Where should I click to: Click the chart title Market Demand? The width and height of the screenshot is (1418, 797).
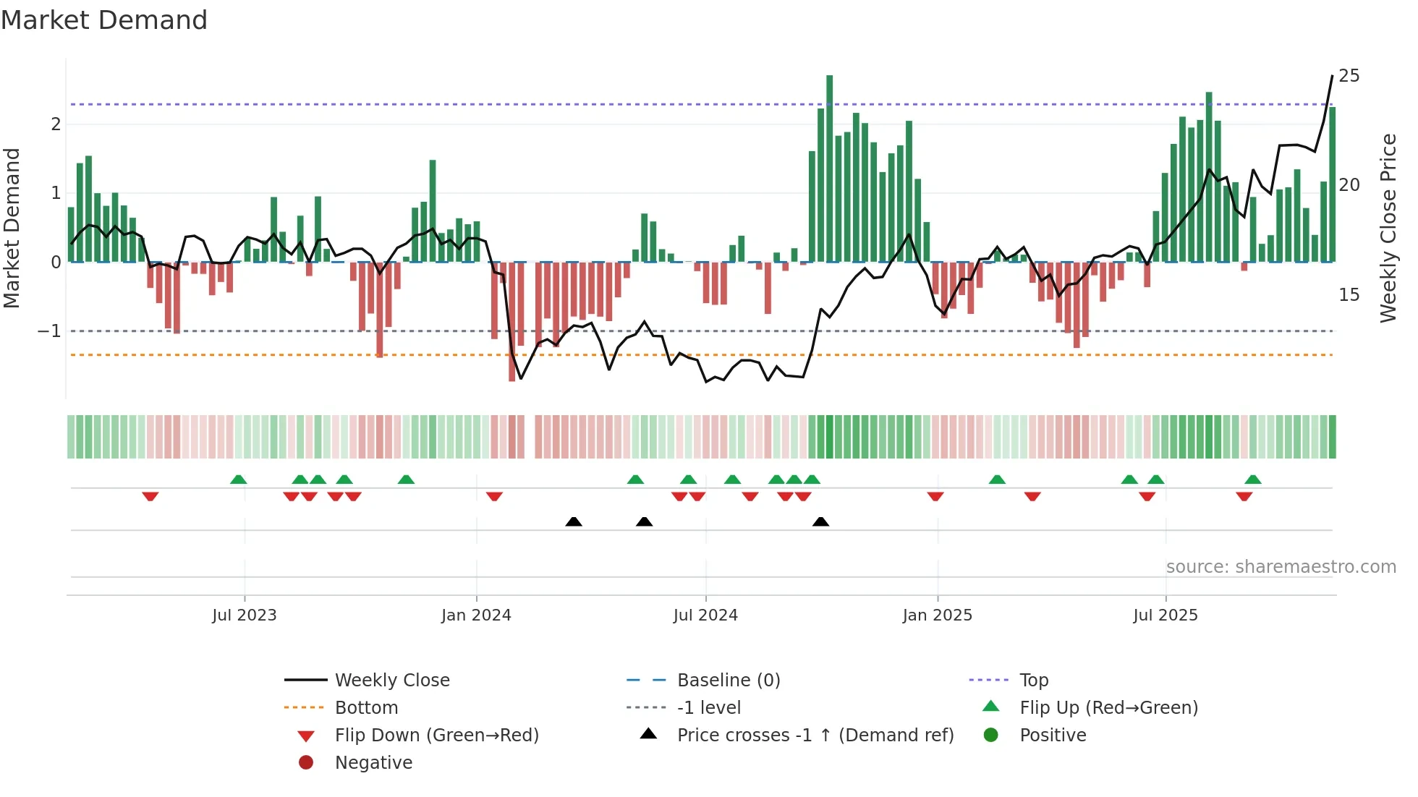tap(104, 20)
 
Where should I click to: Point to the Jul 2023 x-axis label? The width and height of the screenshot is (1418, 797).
tap(245, 615)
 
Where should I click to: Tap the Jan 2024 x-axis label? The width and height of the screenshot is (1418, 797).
tap(476, 615)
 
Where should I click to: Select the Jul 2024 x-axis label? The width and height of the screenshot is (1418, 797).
tap(705, 615)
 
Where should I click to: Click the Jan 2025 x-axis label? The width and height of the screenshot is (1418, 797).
tap(938, 615)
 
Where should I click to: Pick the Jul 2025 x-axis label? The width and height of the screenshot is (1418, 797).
tap(1166, 615)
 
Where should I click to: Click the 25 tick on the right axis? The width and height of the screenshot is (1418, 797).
tap(1349, 76)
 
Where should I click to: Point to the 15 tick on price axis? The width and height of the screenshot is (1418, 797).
tap(1349, 295)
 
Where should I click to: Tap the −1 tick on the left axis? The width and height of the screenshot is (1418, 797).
tap(50, 331)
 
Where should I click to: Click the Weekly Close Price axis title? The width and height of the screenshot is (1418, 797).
tap(1388, 228)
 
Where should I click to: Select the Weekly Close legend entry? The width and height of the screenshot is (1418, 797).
tap(391, 681)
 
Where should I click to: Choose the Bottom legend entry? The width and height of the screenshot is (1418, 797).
tap(366, 708)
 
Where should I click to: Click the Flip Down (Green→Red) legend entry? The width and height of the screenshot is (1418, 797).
tap(436, 736)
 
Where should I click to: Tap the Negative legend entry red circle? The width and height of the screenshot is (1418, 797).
tap(306, 763)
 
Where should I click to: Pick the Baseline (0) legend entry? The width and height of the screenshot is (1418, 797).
tap(728, 681)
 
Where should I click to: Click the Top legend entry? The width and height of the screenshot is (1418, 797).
tap(1033, 681)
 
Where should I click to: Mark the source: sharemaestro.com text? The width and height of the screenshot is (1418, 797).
tap(1281, 567)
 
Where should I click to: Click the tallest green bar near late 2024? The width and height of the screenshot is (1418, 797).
tap(829, 169)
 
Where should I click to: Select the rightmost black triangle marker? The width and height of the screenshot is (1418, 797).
tap(820, 521)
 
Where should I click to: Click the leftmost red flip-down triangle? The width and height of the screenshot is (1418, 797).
tap(150, 496)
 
